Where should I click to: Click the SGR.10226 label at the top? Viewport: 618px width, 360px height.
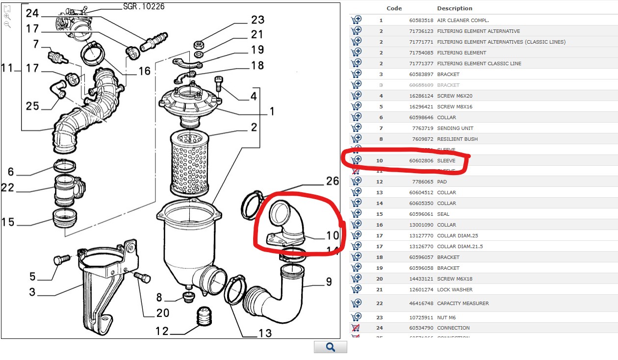[144, 6]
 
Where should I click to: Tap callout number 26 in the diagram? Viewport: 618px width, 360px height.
[333, 181]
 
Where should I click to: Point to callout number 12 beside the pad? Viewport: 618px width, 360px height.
[162, 332]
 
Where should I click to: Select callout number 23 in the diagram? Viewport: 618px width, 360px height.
[257, 20]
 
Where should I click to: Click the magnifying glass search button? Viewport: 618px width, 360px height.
[331, 347]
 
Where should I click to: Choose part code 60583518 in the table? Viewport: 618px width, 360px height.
[421, 20]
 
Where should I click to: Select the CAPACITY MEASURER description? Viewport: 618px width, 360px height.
[463, 303]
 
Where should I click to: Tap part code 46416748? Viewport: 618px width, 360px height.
[421, 303]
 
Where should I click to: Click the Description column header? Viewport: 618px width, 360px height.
[455, 8]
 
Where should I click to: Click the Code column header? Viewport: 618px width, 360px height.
[394, 8]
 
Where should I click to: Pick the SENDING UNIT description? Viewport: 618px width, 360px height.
[455, 128]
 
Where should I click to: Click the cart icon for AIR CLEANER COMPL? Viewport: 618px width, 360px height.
[357, 20]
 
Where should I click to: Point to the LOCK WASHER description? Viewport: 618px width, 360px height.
[455, 289]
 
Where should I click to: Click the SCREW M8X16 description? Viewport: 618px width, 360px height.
[455, 106]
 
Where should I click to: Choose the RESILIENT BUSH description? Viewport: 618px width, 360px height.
[457, 139]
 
